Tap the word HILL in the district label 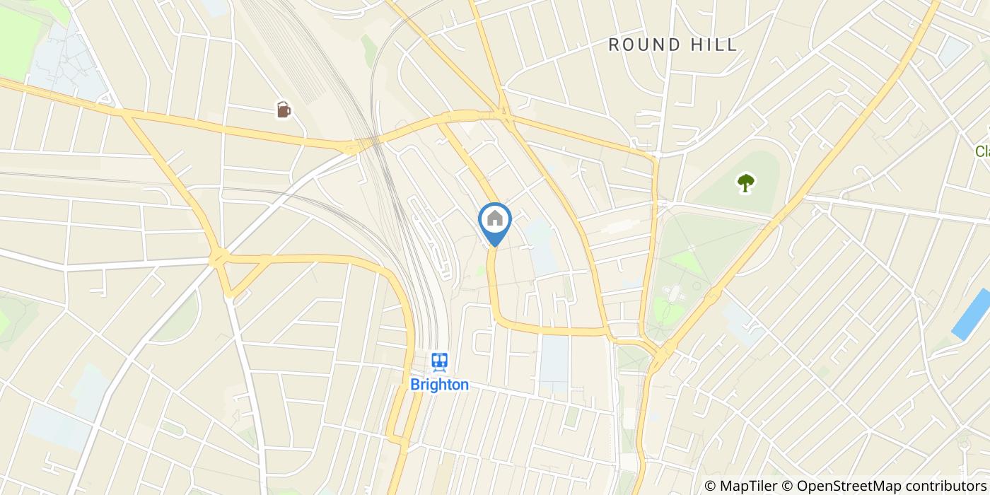click(x=713, y=45)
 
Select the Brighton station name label click(x=439, y=385)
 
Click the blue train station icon click(x=440, y=363)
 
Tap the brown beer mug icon click(x=283, y=110)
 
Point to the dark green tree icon click(x=745, y=183)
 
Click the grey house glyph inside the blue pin click(x=495, y=219)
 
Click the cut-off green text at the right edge click(x=982, y=151)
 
